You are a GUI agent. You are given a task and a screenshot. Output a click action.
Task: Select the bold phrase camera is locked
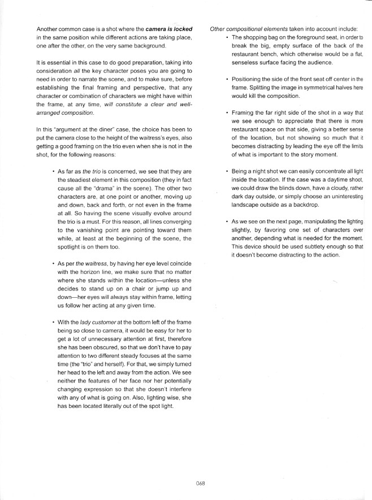pos(169,28)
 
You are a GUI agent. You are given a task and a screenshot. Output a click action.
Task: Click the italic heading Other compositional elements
pos(245,28)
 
